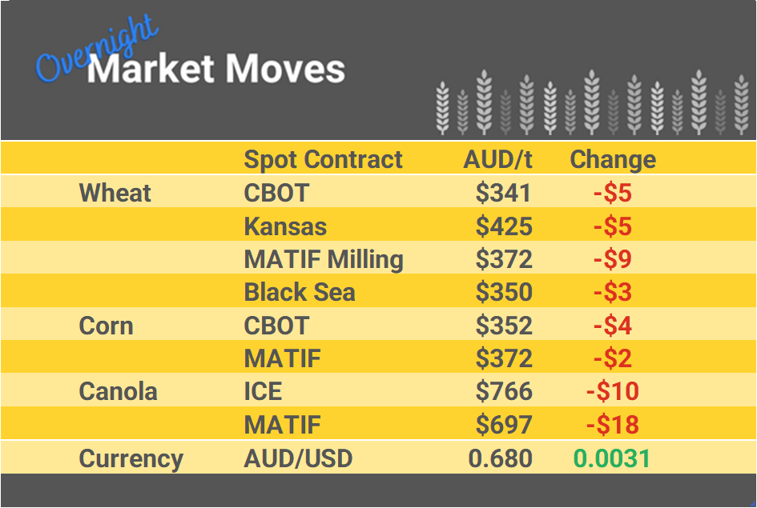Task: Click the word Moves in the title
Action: pyautogui.click(x=284, y=70)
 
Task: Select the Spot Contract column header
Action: pyautogui.click(x=323, y=159)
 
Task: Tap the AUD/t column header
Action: pyautogui.click(x=497, y=159)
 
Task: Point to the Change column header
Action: pyautogui.click(x=613, y=159)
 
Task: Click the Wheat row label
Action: pyautogui.click(x=115, y=193)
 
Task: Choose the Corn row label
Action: pyautogui.click(x=106, y=326)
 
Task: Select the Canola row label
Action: pyautogui.click(x=118, y=392)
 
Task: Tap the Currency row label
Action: pyautogui.click(x=131, y=458)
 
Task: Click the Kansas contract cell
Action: pyautogui.click(x=285, y=226)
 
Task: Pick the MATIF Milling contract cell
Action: pyautogui.click(x=324, y=259)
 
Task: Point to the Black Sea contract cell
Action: pyautogui.click(x=300, y=293)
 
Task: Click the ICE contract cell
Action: pyautogui.click(x=263, y=392)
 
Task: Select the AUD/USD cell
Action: pyautogui.click(x=298, y=458)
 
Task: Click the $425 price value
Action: pyautogui.click(x=504, y=226)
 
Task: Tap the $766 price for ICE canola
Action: pyautogui.click(x=504, y=392)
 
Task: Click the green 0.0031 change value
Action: pyautogui.click(x=612, y=458)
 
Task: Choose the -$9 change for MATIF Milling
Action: pyautogui.click(x=613, y=259)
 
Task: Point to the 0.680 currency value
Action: pyautogui.click(x=501, y=458)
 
